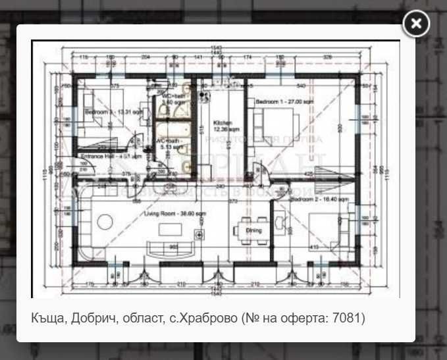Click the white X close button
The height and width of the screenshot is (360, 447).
point(415,24)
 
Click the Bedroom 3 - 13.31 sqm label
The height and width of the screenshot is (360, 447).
point(109,113)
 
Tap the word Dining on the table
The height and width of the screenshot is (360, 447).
point(253,230)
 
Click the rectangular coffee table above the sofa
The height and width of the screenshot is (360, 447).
point(171,228)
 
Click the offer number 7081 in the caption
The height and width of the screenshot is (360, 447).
point(350,319)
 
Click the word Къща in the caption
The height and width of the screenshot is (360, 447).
point(45,319)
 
